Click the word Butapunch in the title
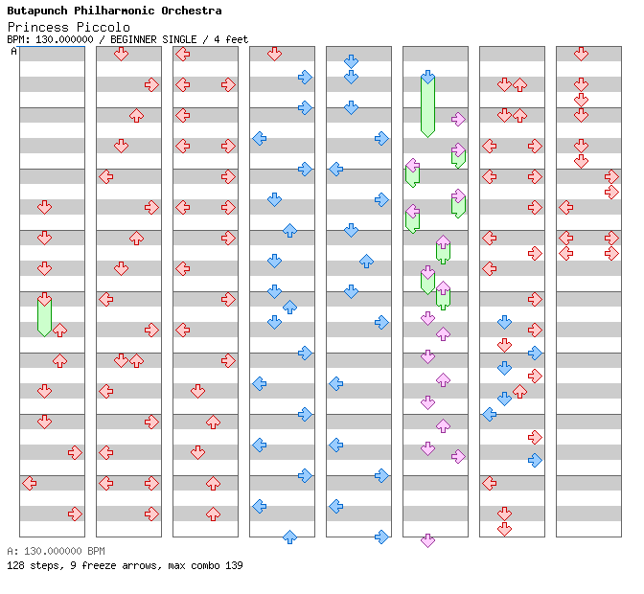point(38,11)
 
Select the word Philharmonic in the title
point(117,11)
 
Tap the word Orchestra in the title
point(191,11)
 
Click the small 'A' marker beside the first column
point(14,51)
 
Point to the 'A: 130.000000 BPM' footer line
point(56,551)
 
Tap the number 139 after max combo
point(233,565)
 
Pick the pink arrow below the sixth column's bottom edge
point(427,540)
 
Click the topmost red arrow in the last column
point(581,54)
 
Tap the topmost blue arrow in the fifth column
point(351,61)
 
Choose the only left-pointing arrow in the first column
point(29,483)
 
